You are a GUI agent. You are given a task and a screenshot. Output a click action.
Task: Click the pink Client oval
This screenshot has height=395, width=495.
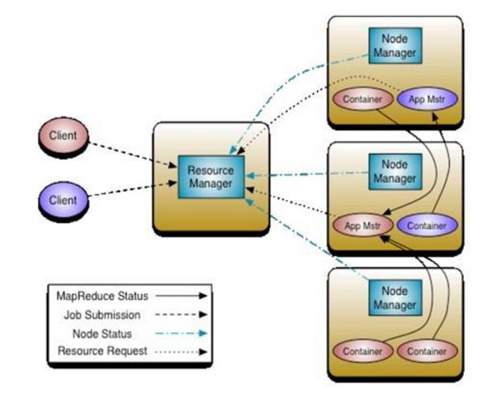point(63,136)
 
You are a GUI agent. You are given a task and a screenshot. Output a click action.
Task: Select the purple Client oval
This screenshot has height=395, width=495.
point(63,200)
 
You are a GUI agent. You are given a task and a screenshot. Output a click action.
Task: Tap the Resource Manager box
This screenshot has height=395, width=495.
point(211,177)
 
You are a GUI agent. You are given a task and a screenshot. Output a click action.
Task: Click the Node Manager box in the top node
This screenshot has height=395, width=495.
point(395,45)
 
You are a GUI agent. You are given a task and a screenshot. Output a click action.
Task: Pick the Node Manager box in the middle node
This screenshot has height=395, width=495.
point(395,172)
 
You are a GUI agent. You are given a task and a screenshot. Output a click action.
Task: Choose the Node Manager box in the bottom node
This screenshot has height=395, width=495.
point(395,297)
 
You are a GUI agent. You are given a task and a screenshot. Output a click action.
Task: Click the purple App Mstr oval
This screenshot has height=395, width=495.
point(427,99)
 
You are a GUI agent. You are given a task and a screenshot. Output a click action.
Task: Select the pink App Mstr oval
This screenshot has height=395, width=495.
point(363,226)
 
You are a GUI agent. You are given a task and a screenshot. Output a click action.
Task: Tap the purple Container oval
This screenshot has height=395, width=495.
point(427,226)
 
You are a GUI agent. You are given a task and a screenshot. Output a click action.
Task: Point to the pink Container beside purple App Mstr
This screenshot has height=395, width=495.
point(363,99)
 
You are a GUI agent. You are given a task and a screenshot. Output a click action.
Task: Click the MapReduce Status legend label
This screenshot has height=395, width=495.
point(102,297)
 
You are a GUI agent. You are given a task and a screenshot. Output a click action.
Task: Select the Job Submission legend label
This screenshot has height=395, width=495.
point(102,315)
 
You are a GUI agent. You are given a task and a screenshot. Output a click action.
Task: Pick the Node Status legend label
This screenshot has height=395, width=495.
point(102,334)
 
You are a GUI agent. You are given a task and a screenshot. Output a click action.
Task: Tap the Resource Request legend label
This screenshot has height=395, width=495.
point(102,351)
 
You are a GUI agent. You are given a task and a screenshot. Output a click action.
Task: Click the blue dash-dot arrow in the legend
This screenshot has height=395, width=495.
point(181,333)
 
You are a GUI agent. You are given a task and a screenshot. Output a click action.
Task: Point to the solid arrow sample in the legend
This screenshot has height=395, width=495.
point(181,296)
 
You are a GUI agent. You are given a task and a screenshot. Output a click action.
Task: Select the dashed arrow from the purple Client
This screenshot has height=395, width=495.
point(133,189)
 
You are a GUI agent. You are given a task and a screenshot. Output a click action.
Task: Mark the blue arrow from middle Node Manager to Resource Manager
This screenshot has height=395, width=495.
point(307,174)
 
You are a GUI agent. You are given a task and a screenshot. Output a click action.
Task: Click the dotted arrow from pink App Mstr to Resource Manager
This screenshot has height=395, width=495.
point(290,202)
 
